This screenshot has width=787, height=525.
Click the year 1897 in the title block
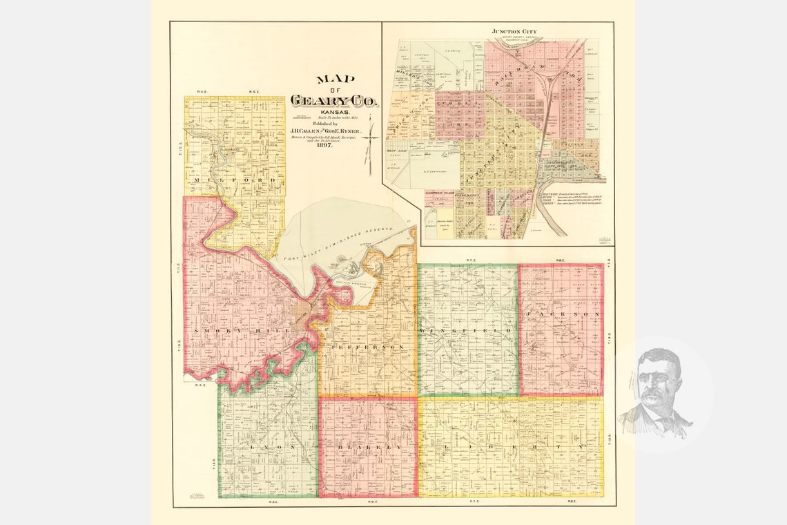324,145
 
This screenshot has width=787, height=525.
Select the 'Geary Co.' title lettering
335,101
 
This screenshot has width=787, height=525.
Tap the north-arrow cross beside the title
371,140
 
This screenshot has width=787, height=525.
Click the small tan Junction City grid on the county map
302,314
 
